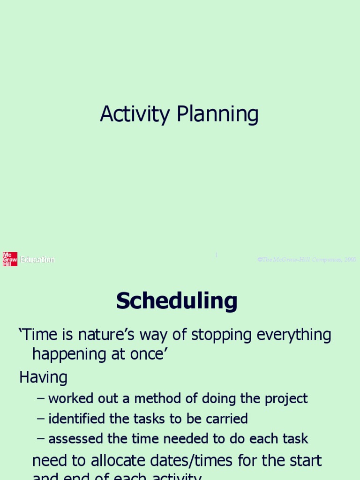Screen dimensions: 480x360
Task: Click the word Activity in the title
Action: coord(134,114)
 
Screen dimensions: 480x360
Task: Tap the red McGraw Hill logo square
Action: coord(10,259)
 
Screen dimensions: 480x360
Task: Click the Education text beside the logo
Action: coord(37,259)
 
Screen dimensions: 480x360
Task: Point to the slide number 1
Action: coord(216,255)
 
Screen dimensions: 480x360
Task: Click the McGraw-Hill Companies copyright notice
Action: coord(307,259)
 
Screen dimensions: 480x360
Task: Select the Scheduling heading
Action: coord(177,301)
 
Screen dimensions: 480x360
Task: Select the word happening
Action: coord(67,354)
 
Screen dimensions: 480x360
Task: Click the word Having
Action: coord(43,377)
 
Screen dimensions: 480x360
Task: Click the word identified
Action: coord(77,419)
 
